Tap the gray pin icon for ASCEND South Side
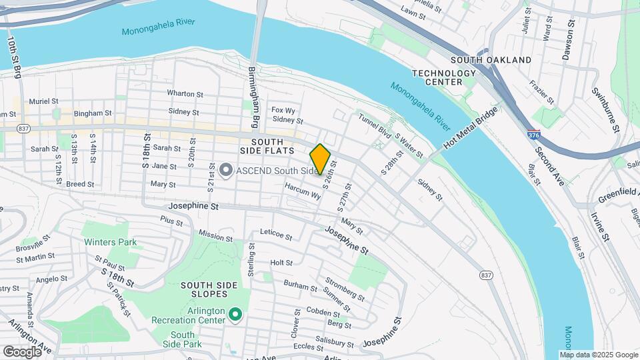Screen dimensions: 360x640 pos(226,171)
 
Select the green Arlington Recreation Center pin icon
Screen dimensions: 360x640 pos(235,313)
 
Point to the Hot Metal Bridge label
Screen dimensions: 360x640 pos(469,131)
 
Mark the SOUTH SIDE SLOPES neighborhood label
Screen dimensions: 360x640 pos(209,290)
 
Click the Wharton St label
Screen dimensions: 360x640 pos(185,94)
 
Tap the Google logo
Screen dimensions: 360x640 pos(22,351)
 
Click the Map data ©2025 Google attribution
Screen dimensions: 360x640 pos(598,355)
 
